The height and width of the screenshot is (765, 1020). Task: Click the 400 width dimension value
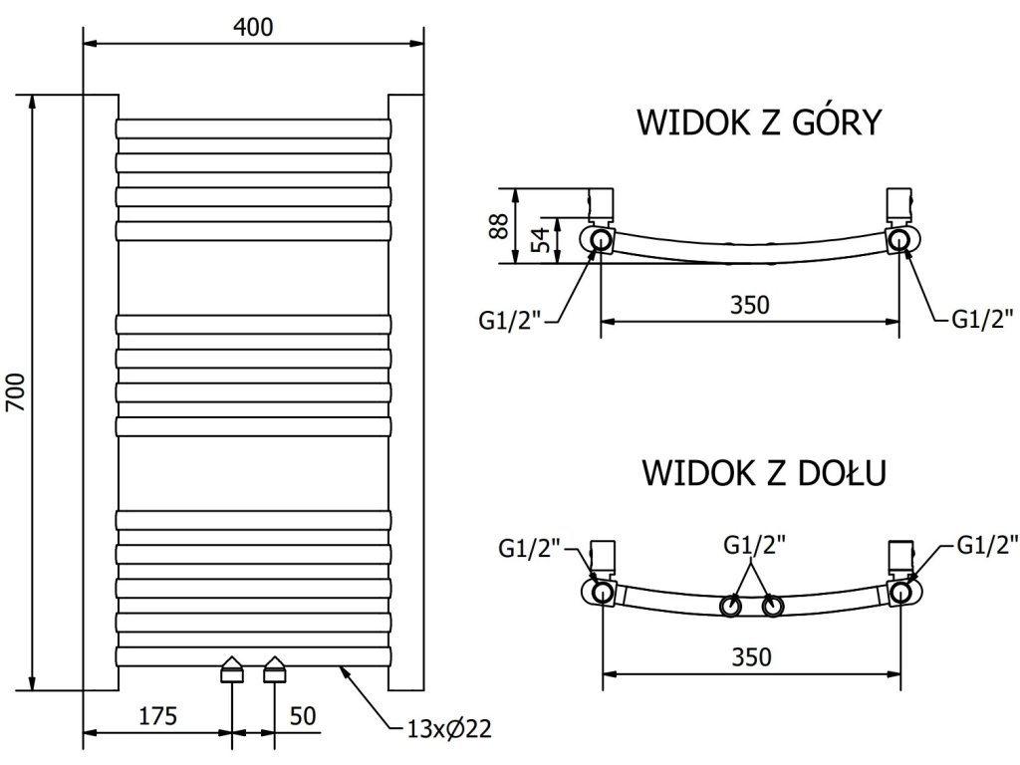pos(253,27)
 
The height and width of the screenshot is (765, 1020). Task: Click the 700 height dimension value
pos(16,392)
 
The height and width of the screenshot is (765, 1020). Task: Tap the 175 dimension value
pos(157,715)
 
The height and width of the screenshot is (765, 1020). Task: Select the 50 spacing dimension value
pos(303,715)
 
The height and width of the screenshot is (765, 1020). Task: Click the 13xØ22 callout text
pos(449,728)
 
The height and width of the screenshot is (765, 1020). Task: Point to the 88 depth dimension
pos(500,226)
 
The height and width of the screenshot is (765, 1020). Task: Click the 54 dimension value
pos(541,239)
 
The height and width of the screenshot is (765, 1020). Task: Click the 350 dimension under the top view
pos(749,305)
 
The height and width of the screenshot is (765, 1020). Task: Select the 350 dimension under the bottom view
pos(751,657)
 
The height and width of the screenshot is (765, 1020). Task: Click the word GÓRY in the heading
pos(838,123)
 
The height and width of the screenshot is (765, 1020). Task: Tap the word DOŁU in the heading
pos(842,472)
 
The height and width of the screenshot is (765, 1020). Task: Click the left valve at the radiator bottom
pos(232,668)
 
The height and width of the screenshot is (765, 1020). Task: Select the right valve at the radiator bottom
pos(275,668)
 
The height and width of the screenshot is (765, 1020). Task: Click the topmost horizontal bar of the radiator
pos(254,128)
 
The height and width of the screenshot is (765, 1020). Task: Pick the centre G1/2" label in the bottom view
pos(755,545)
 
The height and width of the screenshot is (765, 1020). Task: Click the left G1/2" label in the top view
pos(510,320)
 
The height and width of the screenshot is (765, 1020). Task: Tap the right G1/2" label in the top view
pos(982,319)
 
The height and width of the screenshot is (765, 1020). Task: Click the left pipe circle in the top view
pos(601,240)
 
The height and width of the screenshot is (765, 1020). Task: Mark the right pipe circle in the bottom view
pos(900,593)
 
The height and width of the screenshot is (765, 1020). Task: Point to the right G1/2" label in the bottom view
pos(987,545)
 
